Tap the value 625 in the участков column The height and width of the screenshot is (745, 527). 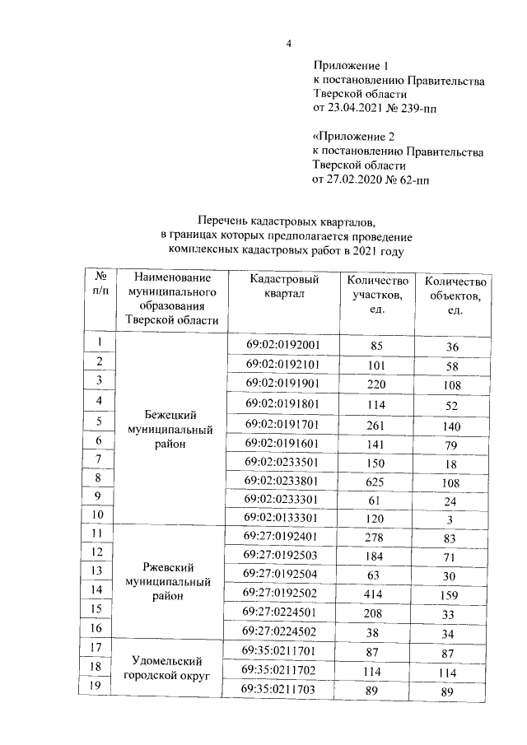point(377,480)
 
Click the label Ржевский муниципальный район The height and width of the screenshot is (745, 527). point(169,582)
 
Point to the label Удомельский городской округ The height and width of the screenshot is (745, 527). point(169,668)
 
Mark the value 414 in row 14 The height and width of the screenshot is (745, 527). point(377,591)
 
